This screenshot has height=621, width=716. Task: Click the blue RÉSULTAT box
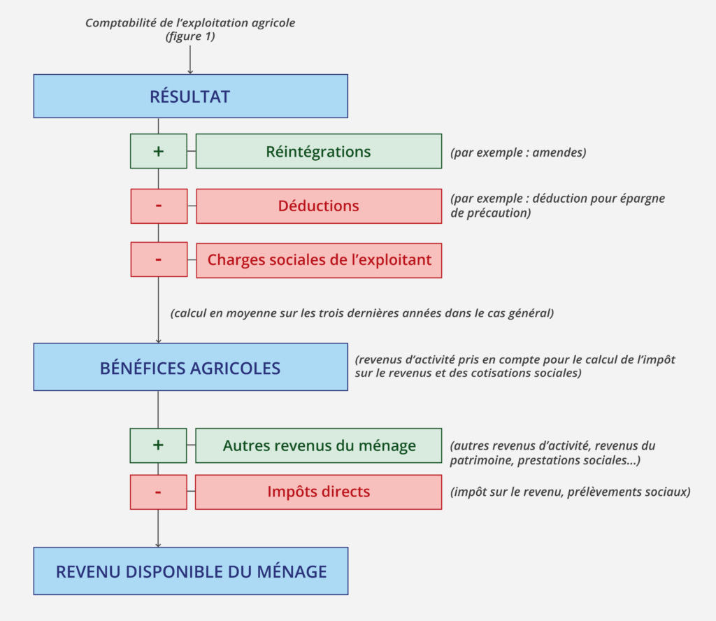(190, 97)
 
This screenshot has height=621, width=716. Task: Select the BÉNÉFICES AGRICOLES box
(190, 367)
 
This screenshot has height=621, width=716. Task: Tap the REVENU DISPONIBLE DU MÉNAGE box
(190, 571)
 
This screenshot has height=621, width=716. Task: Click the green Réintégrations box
(318, 152)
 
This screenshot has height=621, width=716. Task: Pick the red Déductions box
(318, 206)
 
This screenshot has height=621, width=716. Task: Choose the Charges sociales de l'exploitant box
(318, 260)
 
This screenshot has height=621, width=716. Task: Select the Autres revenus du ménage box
(318, 445)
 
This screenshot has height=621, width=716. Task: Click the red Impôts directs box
(318, 492)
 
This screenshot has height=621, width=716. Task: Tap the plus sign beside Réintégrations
(159, 152)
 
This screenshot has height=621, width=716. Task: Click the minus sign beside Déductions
(159, 206)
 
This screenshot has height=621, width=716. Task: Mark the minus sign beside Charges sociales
(159, 260)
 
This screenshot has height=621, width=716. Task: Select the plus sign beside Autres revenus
(159, 445)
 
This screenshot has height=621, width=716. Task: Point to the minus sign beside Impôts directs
(159, 492)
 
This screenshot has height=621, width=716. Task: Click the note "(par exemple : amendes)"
(518, 152)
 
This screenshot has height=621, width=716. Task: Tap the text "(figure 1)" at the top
(190, 36)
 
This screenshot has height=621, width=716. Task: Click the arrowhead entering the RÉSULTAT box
(190, 71)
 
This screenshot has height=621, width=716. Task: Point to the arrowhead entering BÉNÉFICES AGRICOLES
(159, 340)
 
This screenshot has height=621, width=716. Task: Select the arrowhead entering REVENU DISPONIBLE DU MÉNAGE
(159, 544)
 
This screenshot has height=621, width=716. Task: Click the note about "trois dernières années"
(361, 313)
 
